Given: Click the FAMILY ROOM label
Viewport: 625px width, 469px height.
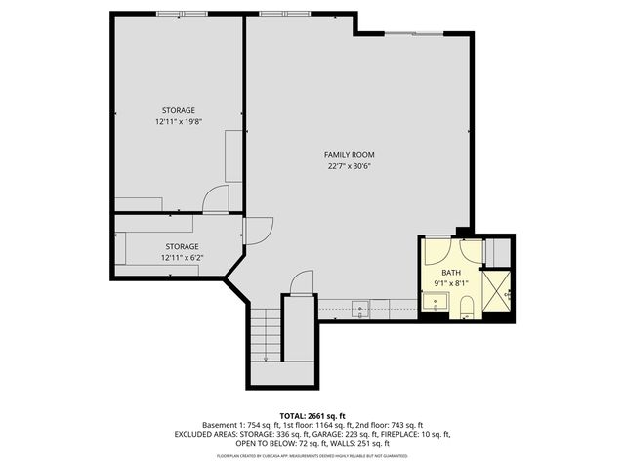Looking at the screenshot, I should click(x=350, y=155).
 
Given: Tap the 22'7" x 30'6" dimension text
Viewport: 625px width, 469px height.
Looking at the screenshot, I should click(x=350, y=166).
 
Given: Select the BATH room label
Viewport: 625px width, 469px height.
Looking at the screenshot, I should click(x=450, y=273).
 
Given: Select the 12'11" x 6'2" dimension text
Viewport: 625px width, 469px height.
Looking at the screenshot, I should click(x=181, y=258).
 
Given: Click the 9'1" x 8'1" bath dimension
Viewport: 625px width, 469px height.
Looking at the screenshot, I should click(x=450, y=283).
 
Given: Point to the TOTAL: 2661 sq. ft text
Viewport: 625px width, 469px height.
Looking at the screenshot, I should click(x=312, y=413).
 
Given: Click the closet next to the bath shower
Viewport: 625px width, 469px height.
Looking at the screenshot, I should click(x=499, y=251).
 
